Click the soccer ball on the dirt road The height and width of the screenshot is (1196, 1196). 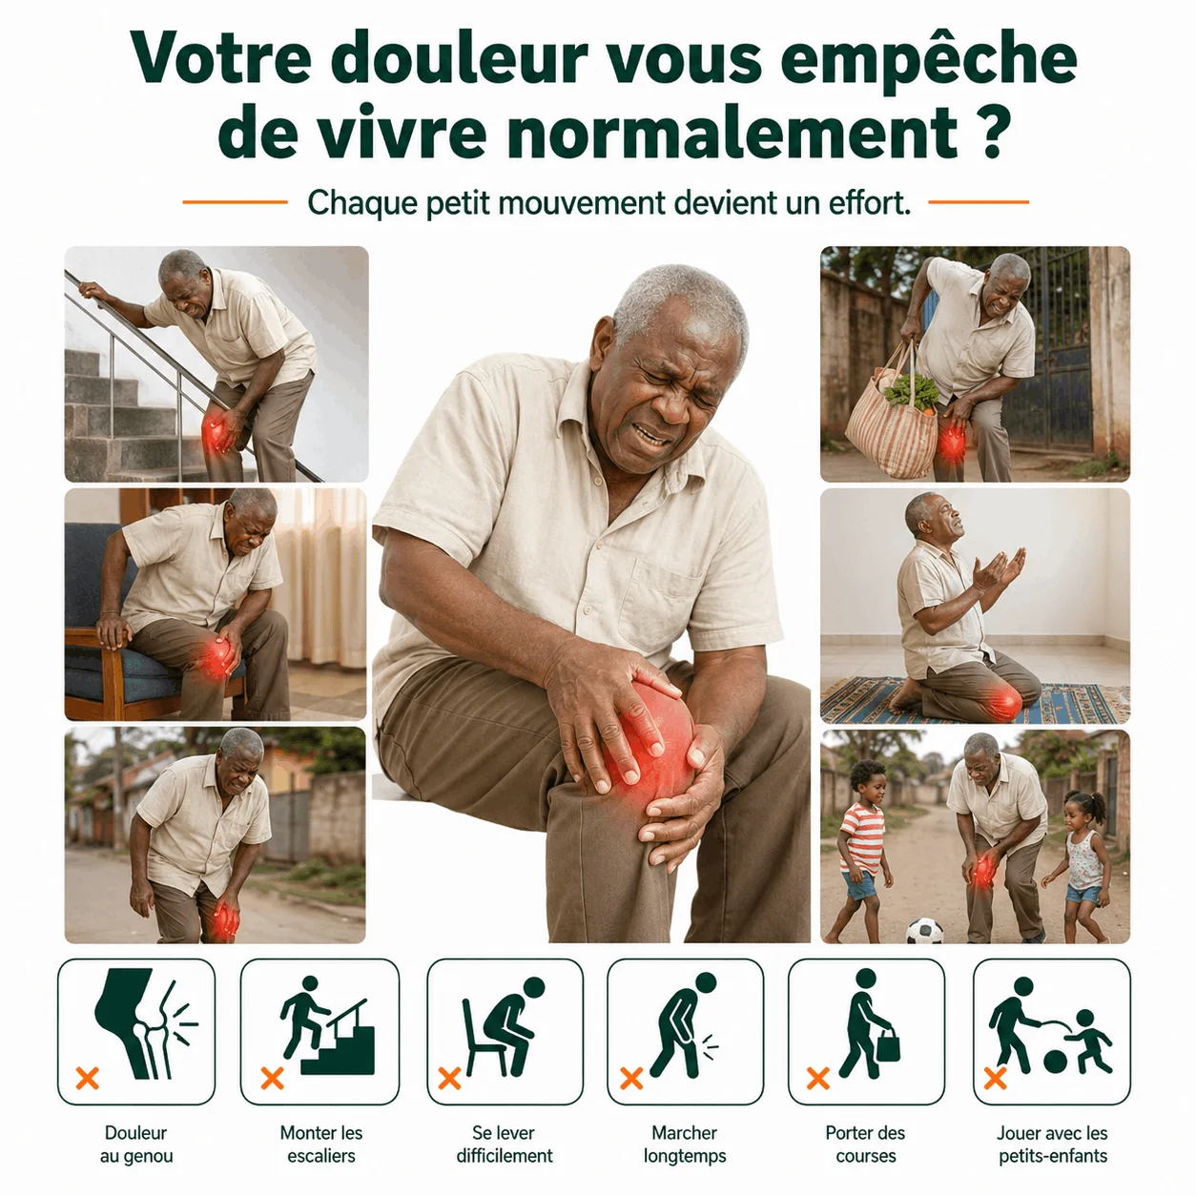[x=924, y=931]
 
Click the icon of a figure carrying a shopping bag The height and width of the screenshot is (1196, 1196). [x=868, y=1023]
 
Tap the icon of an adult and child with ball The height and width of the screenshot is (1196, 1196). [x=1050, y=1026]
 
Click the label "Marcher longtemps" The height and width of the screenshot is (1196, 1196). [x=685, y=1144]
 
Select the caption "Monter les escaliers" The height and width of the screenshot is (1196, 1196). [x=320, y=1144]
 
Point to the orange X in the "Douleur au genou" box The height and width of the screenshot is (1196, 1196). [x=88, y=1078]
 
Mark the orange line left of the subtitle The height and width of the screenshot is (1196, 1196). [x=236, y=202]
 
